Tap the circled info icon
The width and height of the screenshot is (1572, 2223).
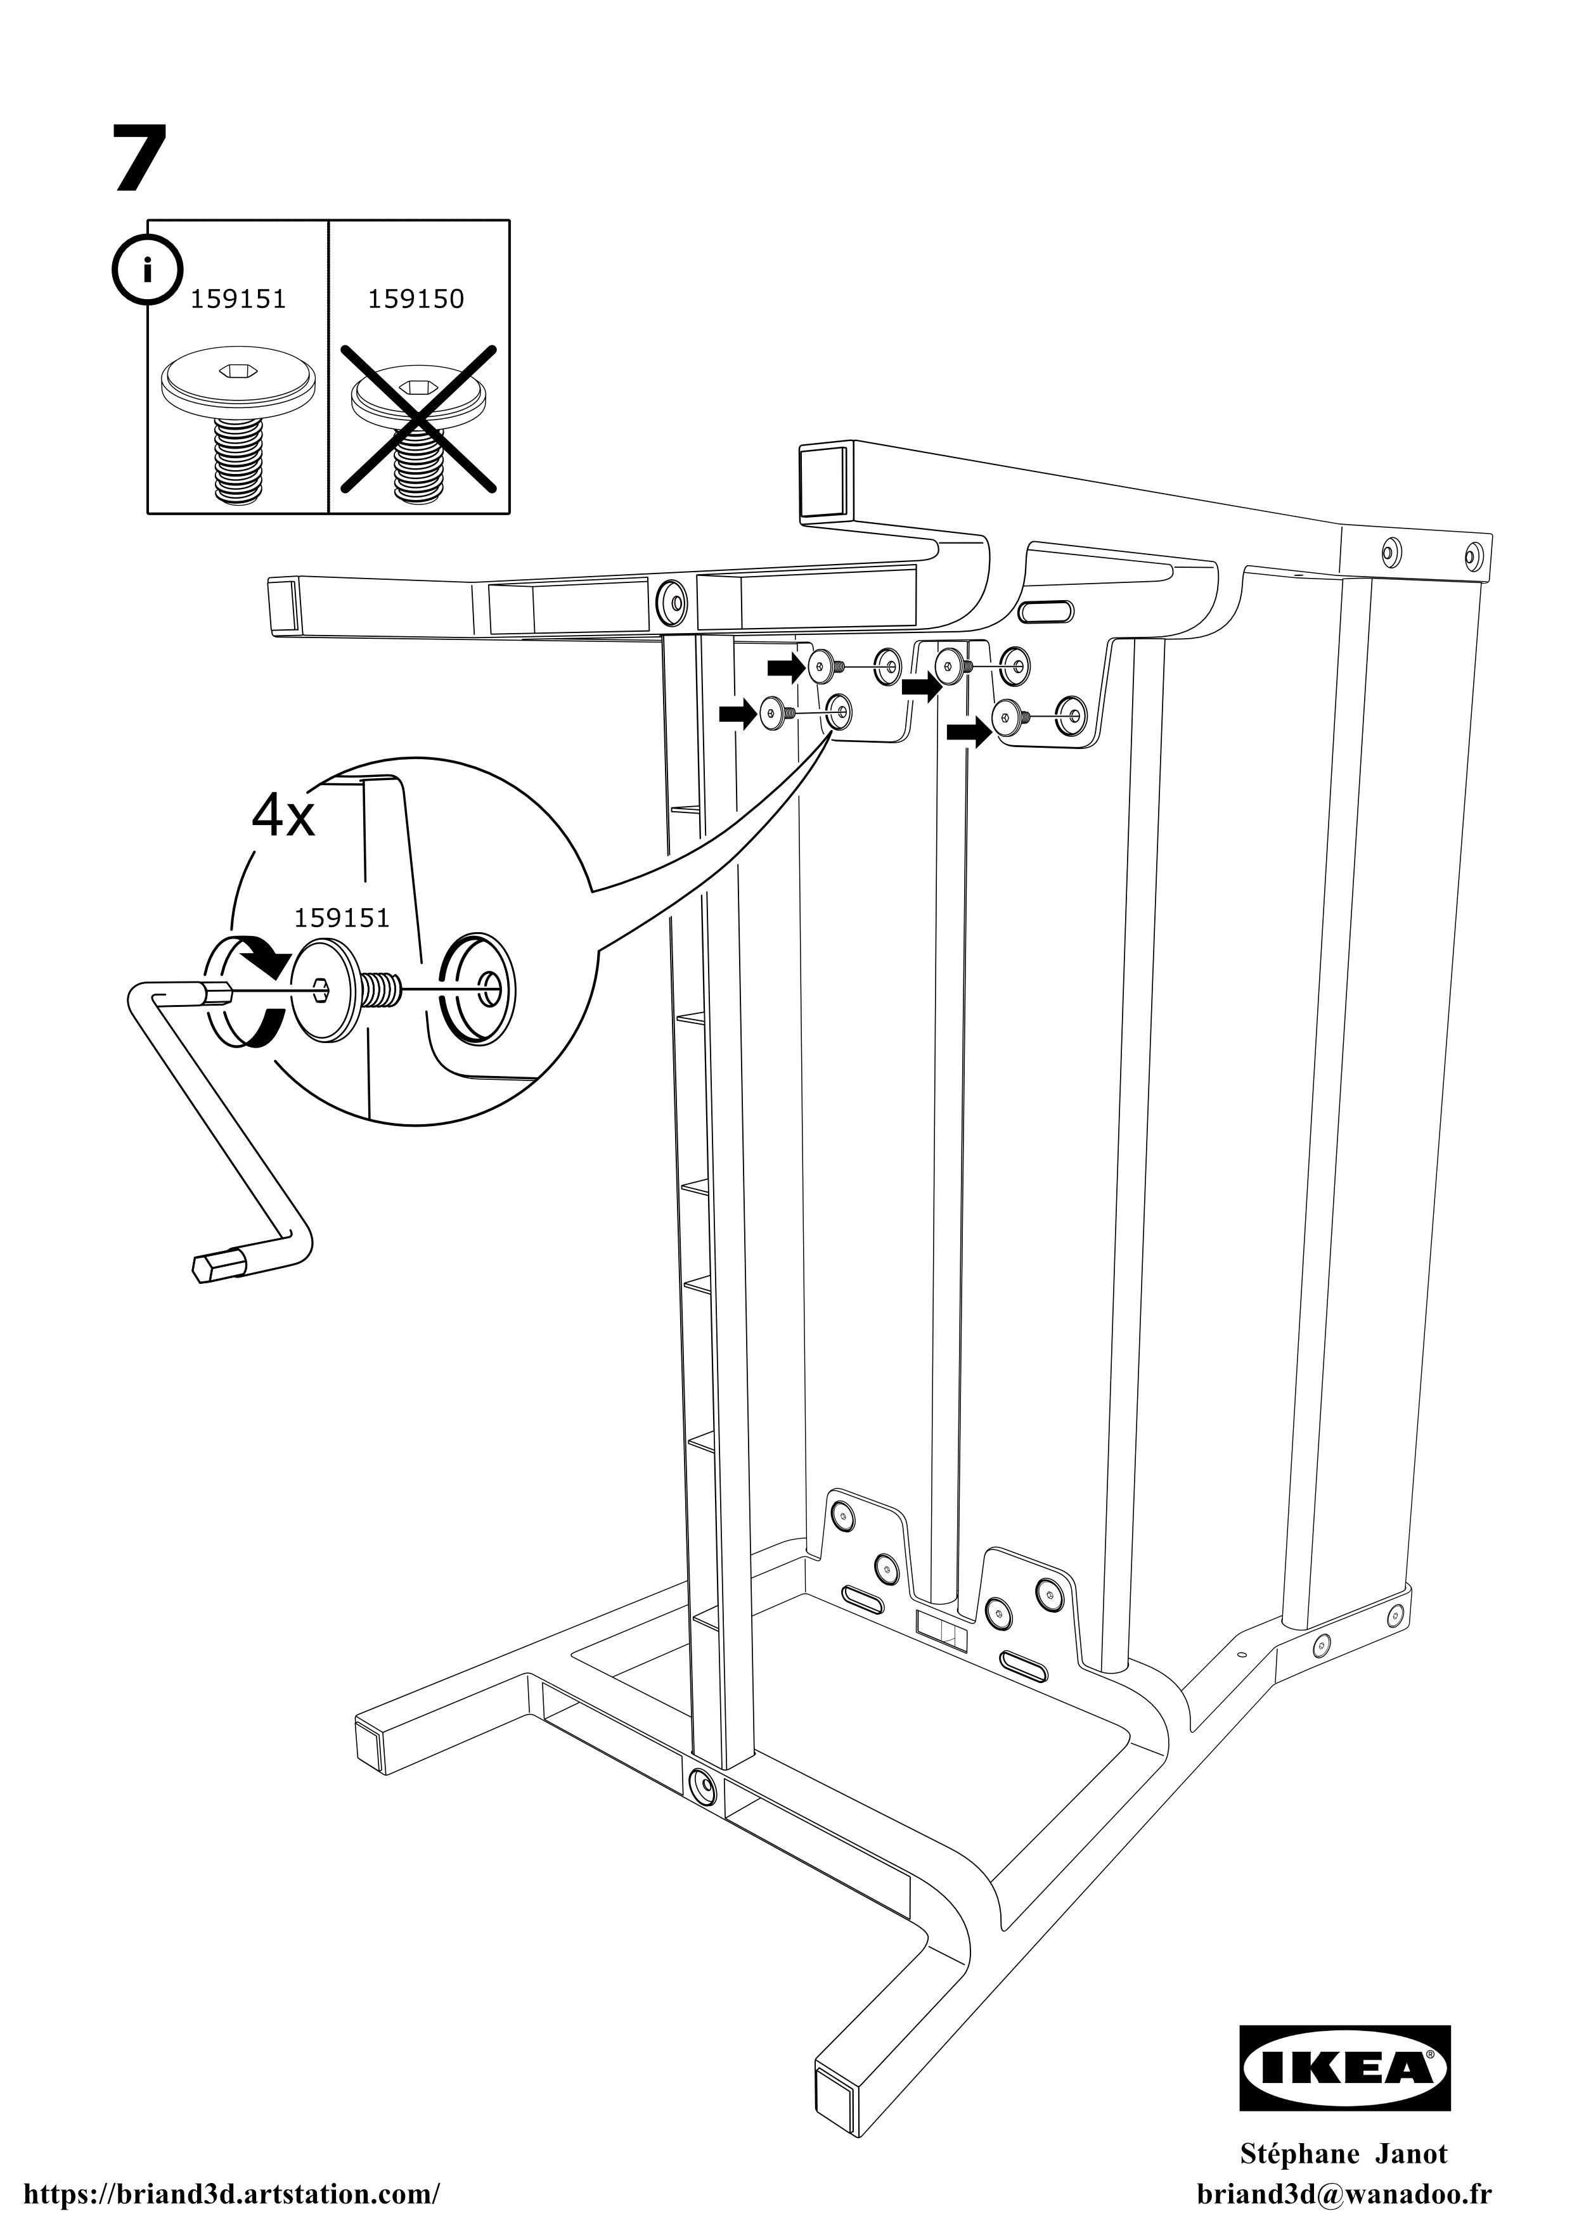click(x=146, y=269)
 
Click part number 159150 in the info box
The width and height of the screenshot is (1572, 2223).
click(x=416, y=299)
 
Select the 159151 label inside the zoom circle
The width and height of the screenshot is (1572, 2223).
click(x=342, y=918)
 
